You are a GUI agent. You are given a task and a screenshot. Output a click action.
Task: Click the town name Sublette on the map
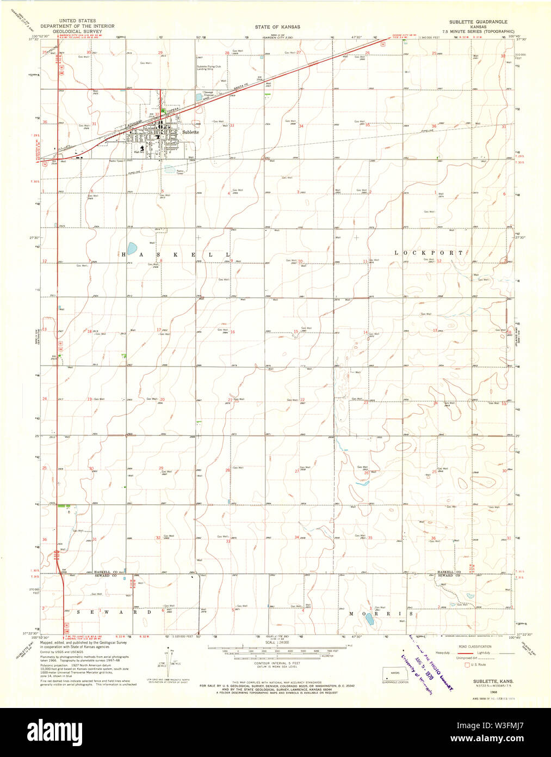pos(190,132)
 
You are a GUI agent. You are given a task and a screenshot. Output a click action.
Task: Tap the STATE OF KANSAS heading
pos(277,27)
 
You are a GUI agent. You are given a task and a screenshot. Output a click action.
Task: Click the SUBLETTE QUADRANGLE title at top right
pos(478,22)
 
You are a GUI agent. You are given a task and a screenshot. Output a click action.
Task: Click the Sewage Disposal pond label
pos(209,94)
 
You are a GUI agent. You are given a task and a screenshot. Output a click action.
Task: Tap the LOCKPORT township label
pos(429,253)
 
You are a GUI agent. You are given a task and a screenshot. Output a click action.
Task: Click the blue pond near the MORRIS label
pos(369,619)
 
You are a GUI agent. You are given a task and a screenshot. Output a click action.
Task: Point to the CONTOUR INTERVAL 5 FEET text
pos(277,663)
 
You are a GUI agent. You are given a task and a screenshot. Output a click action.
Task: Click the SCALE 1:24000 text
pos(277,643)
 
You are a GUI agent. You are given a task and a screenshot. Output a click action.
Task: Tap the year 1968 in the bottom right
pos(493,692)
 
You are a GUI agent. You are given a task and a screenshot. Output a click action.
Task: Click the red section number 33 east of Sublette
pos(232,125)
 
